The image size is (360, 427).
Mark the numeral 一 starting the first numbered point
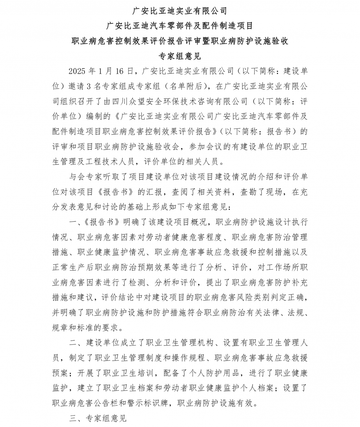pyautogui.click(x=73, y=222)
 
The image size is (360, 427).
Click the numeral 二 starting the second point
pyautogui.click(x=73, y=343)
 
